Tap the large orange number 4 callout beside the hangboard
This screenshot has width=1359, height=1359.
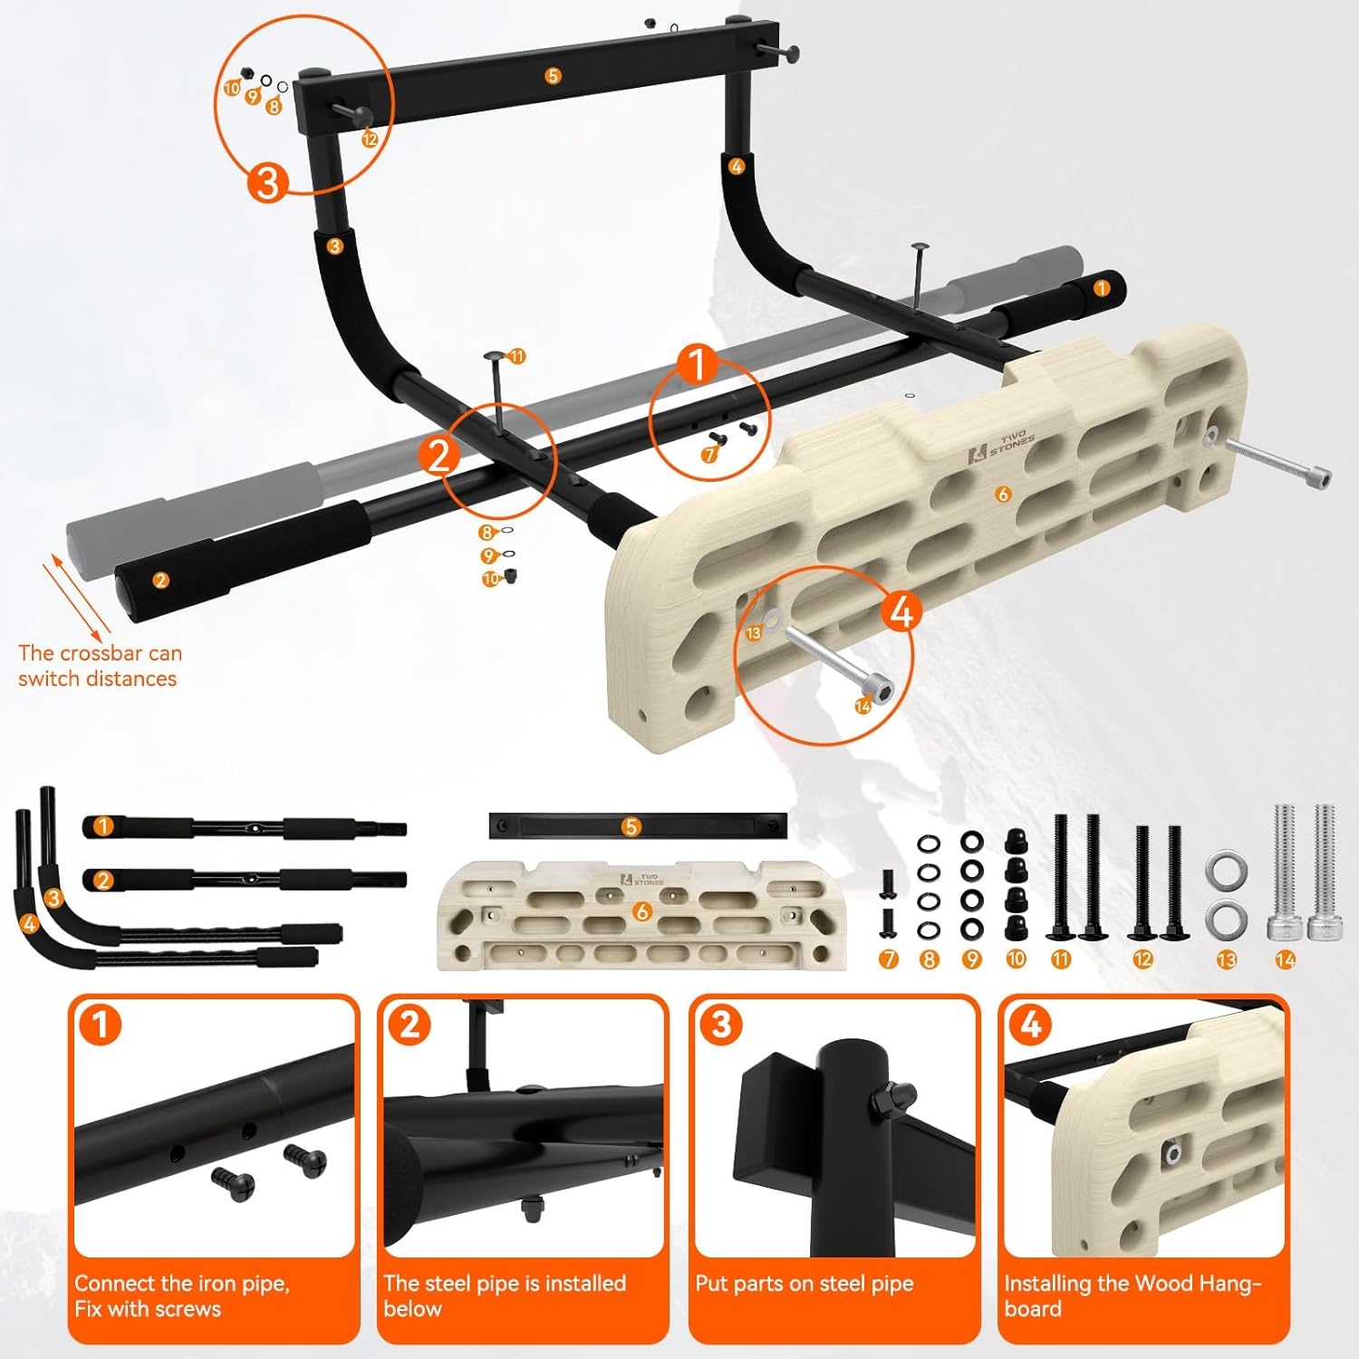tap(901, 612)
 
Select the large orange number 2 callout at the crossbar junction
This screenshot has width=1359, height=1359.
tap(439, 456)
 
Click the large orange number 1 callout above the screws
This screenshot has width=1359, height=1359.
tap(697, 366)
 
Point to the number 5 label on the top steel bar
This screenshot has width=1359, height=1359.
tap(553, 76)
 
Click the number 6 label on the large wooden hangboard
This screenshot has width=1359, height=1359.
tap(1002, 494)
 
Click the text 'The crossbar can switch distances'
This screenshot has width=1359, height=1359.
tap(99, 666)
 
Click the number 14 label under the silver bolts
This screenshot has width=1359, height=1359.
tap(1285, 959)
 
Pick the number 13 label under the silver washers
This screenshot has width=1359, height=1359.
tap(1226, 959)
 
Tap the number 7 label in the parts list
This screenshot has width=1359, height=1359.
tap(888, 959)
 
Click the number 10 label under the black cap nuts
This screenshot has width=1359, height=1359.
tap(1016, 959)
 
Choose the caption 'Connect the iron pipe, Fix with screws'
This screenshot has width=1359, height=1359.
tap(181, 1296)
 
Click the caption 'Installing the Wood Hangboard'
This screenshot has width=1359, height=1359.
tap(1132, 1296)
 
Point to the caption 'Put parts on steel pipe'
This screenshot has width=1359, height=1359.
tap(804, 1284)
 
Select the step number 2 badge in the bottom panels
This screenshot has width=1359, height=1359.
tap(410, 1025)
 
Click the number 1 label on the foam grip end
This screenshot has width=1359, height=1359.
tap(1101, 288)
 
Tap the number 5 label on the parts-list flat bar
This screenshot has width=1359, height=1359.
tap(631, 826)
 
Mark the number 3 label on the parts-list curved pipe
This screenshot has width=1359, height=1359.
tap(53, 898)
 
